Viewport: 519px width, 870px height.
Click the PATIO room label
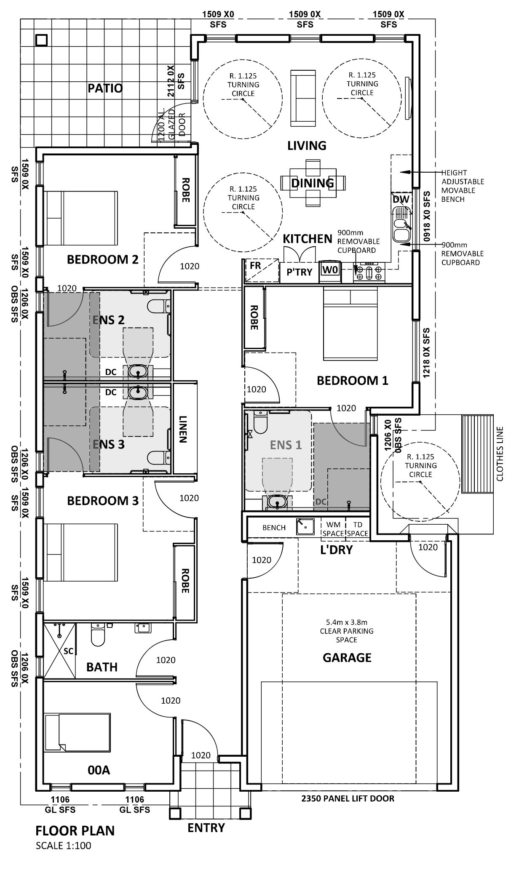pos(105,88)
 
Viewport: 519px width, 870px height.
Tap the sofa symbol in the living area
pos(303,98)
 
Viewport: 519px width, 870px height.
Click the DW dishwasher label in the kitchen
pos(398,199)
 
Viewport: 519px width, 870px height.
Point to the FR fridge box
pos(255,270)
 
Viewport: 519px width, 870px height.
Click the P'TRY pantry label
pos(300,272)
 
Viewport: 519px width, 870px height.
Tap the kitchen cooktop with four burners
pos(369,272)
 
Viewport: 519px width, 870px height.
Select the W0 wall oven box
pos(330,270)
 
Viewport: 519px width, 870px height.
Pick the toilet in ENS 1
pos(260,423)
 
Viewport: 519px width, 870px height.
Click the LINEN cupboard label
pos(183,430)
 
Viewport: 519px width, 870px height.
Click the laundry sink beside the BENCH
pos(305,526)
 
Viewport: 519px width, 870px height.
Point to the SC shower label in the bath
pos(69,651)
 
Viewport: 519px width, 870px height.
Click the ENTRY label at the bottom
pos(206,827)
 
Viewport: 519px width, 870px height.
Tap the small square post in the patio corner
pos(41,40)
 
